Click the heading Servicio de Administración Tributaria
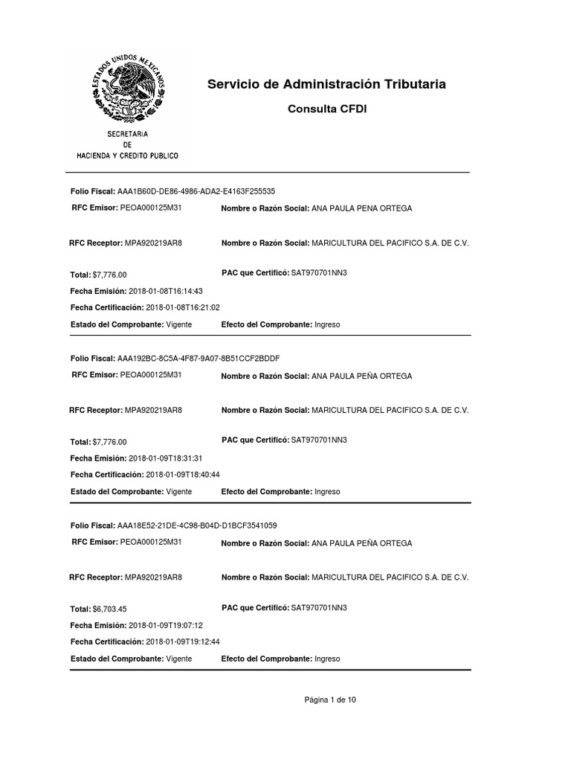click(x=327, y=85)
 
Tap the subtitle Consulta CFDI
click(x=327, y=109)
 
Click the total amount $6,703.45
click(x=110, y=609)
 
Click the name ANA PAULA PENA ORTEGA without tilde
click(x=361, y=209)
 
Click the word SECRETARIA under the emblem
click(x=128, y=134)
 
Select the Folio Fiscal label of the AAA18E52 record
click(x=92, y=525)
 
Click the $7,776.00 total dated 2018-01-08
click(x=110, y=275)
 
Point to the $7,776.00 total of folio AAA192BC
click(x=110, y=442)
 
